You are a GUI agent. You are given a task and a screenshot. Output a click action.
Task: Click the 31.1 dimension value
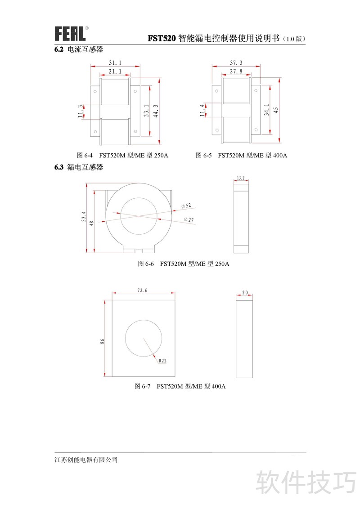[115, 63]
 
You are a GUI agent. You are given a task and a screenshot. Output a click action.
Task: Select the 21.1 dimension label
[115, 71]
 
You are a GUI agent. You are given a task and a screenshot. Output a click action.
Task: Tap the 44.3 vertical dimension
[156, 111]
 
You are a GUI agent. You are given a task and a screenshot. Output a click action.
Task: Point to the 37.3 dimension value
[236, 63]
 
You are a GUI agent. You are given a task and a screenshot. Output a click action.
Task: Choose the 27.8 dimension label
[236, 71]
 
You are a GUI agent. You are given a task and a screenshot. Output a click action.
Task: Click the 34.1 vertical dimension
[266, 110]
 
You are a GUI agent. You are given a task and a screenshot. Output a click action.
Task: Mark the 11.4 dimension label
[202, 110]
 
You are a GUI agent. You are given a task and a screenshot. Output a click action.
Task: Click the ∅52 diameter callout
[186, 206]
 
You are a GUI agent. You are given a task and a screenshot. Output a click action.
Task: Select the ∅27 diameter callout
[189, 220]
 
